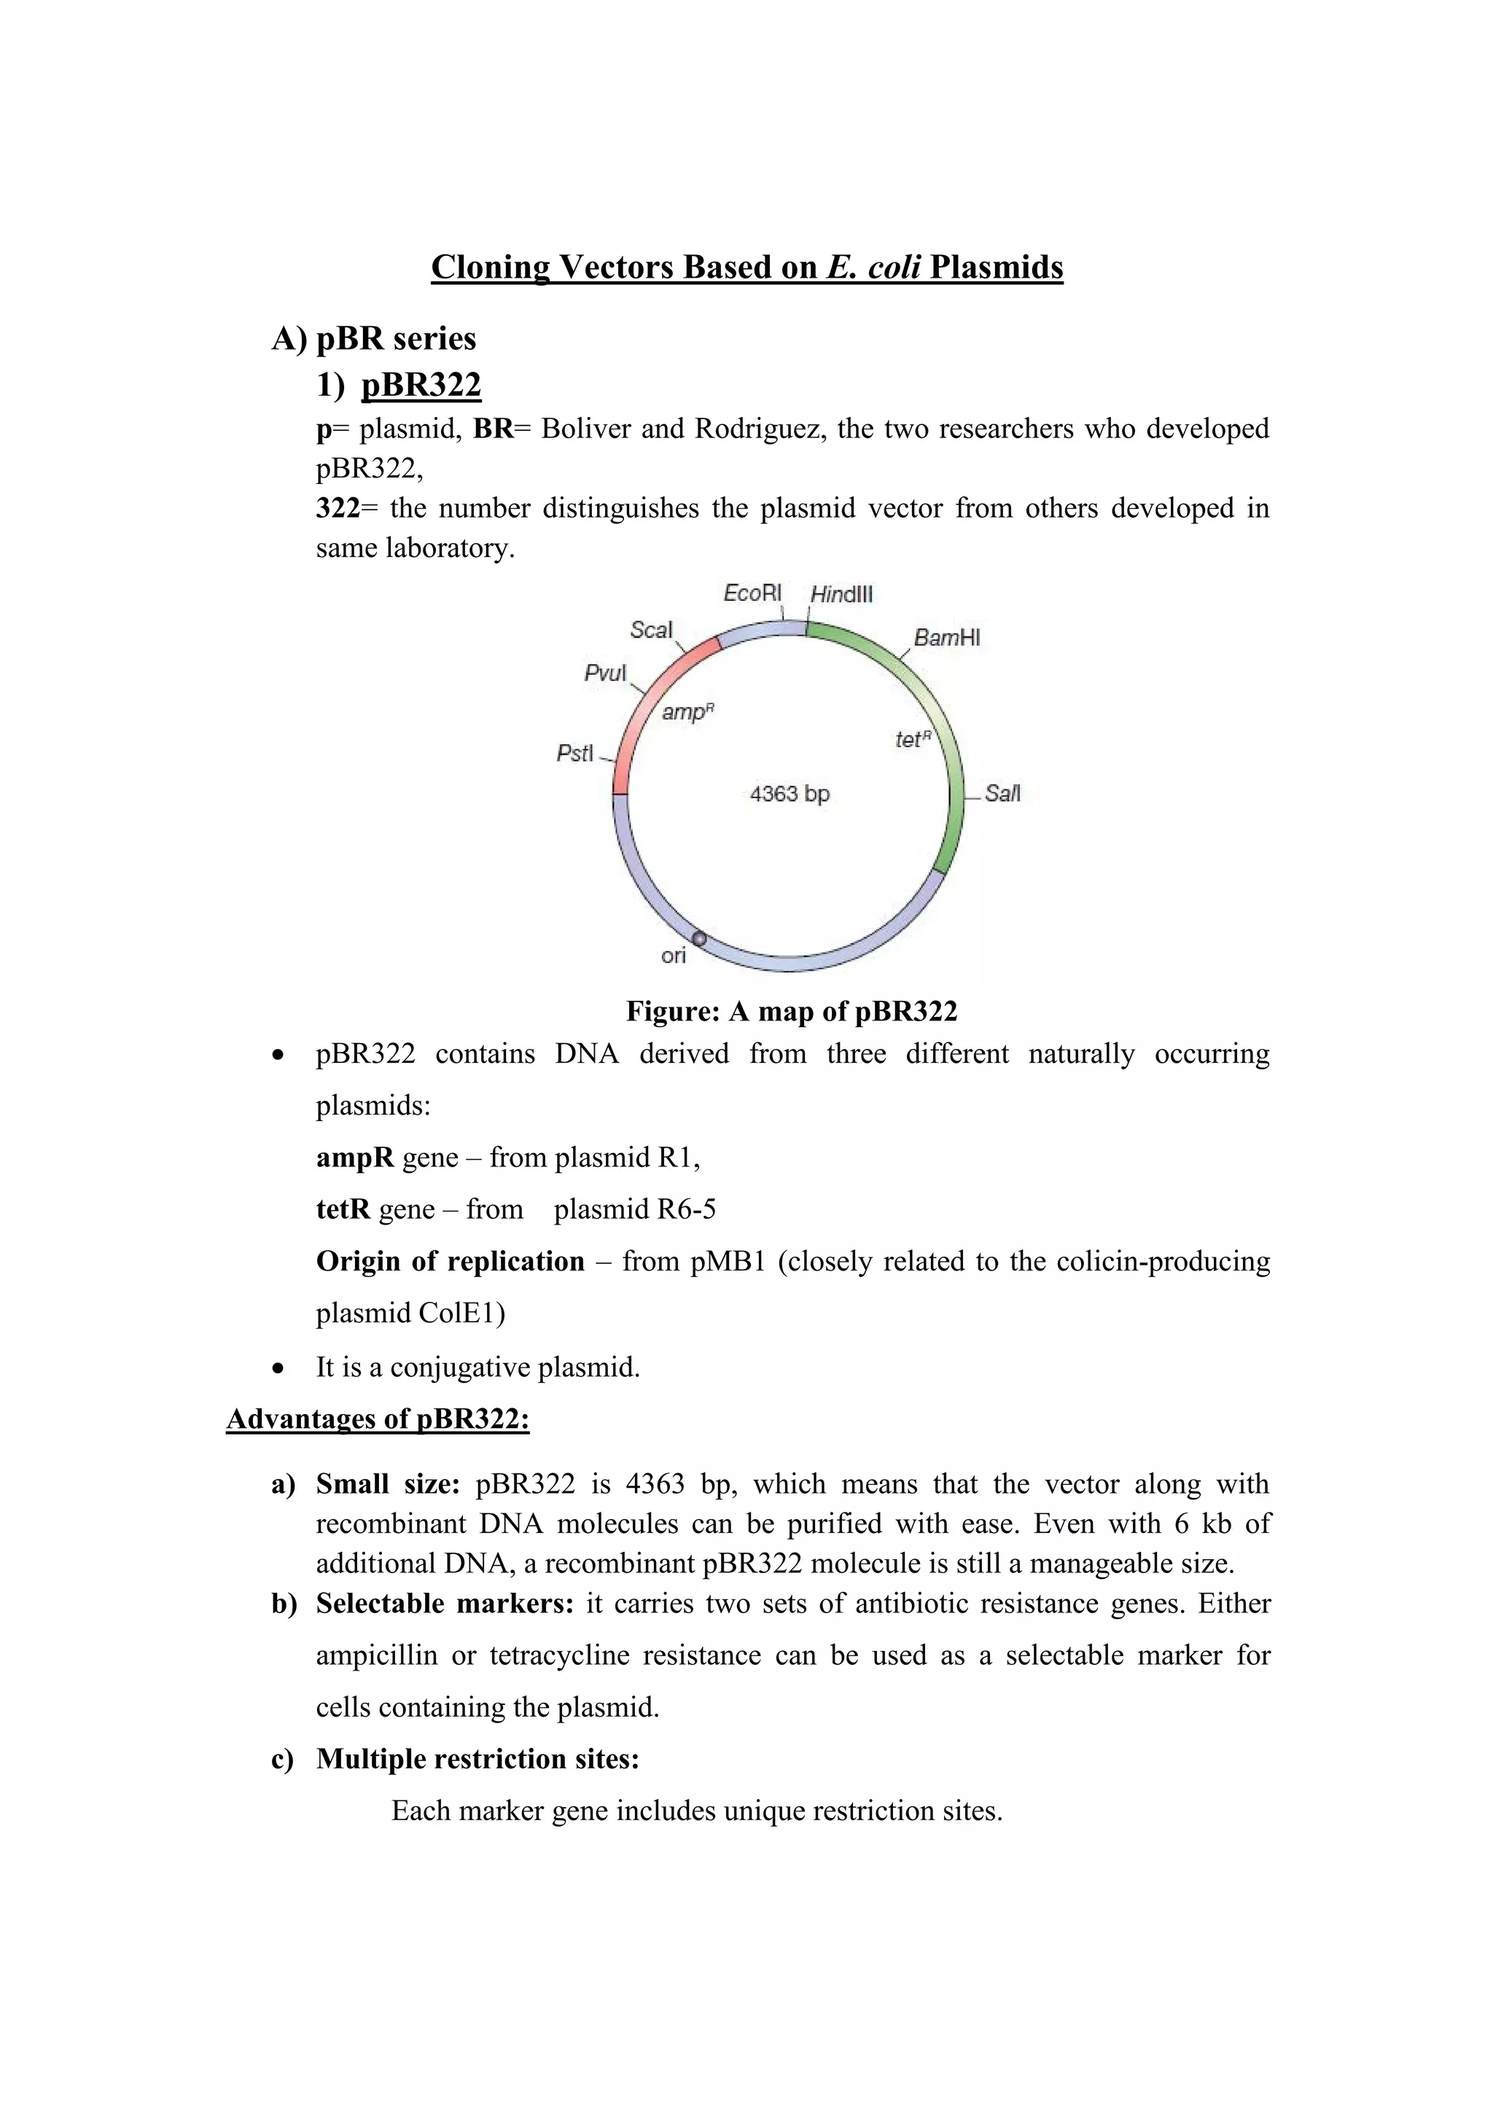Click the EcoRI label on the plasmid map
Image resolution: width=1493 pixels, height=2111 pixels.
(752, 593)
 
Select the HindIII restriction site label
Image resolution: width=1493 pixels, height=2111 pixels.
(841, 595)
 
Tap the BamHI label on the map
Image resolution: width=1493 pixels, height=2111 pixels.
(946, 638)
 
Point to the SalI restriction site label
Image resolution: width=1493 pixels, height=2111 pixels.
(1002, 794)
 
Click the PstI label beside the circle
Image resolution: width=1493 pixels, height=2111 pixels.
(575, 754)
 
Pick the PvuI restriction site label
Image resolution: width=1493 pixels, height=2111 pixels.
(605, 673)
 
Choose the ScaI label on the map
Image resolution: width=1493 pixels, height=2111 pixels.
(651, 630)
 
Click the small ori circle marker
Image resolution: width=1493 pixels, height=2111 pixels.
(698, 939)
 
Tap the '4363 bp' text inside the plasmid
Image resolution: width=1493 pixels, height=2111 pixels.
(790, 794)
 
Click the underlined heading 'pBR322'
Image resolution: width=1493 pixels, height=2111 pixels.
(421, 384)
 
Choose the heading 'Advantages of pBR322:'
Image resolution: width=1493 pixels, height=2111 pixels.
(378, 1419)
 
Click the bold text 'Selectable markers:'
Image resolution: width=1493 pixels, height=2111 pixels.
(445, 1604)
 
